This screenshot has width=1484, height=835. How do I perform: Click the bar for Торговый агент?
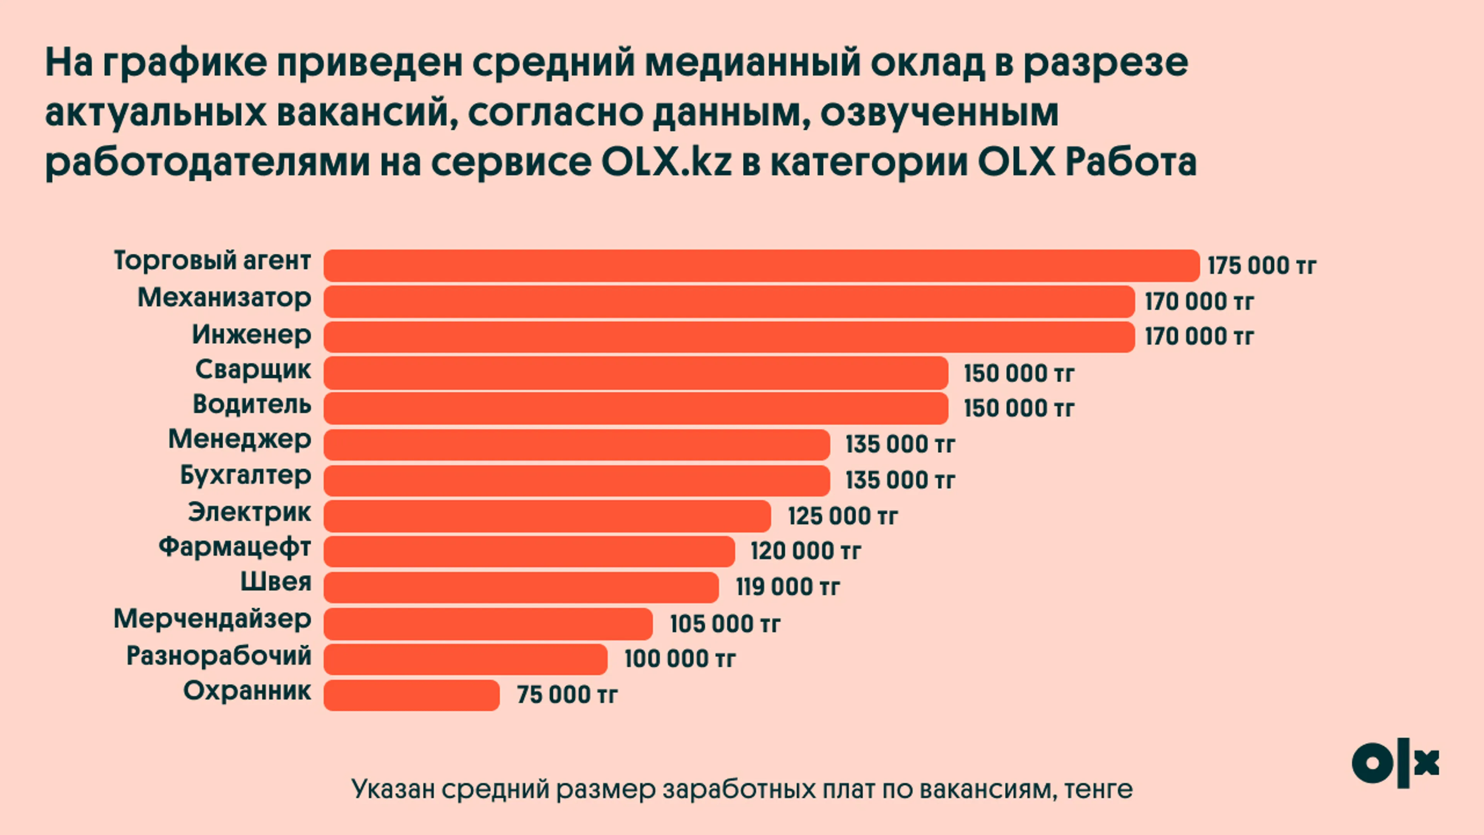pyautogui.click(x=761, y=266)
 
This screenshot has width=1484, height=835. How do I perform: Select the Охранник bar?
pyautogui.click(x=411, y=695)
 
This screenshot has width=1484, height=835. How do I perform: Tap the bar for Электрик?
pyautogui.click(x=547, y=516)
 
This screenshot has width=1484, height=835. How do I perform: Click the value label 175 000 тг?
pyautogui.click(x=1262, y=266)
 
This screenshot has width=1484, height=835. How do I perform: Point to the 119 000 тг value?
pyautogui.click(x=788, y=587)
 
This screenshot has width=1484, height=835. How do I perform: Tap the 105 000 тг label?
pyautogui.click(x=725, y=624)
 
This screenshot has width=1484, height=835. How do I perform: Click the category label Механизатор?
pyautogui.click(x=224, y=298)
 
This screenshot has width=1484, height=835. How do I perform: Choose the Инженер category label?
pyautogui.click(x=251, y=334)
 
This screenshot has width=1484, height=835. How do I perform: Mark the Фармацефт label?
pyautogui.click(x=235, y=547)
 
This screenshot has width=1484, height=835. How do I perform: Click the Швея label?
pyautogui.click(x=276, y=582)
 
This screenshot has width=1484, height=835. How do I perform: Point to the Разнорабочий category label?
pyautogui.click(x=219, y=656)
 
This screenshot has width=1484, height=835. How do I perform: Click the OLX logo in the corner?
pyautogui.click(x=1395, y=763)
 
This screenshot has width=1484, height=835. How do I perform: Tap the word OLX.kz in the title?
pyautogui.click(x=666, y=162)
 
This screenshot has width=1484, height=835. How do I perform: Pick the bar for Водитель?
pyautogui.click(x=635, y=408)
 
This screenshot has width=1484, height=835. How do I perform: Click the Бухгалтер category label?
pyautogui.click(x=245, y=476)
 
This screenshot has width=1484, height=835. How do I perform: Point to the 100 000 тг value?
pyautogui.click(x=680, y=659)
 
